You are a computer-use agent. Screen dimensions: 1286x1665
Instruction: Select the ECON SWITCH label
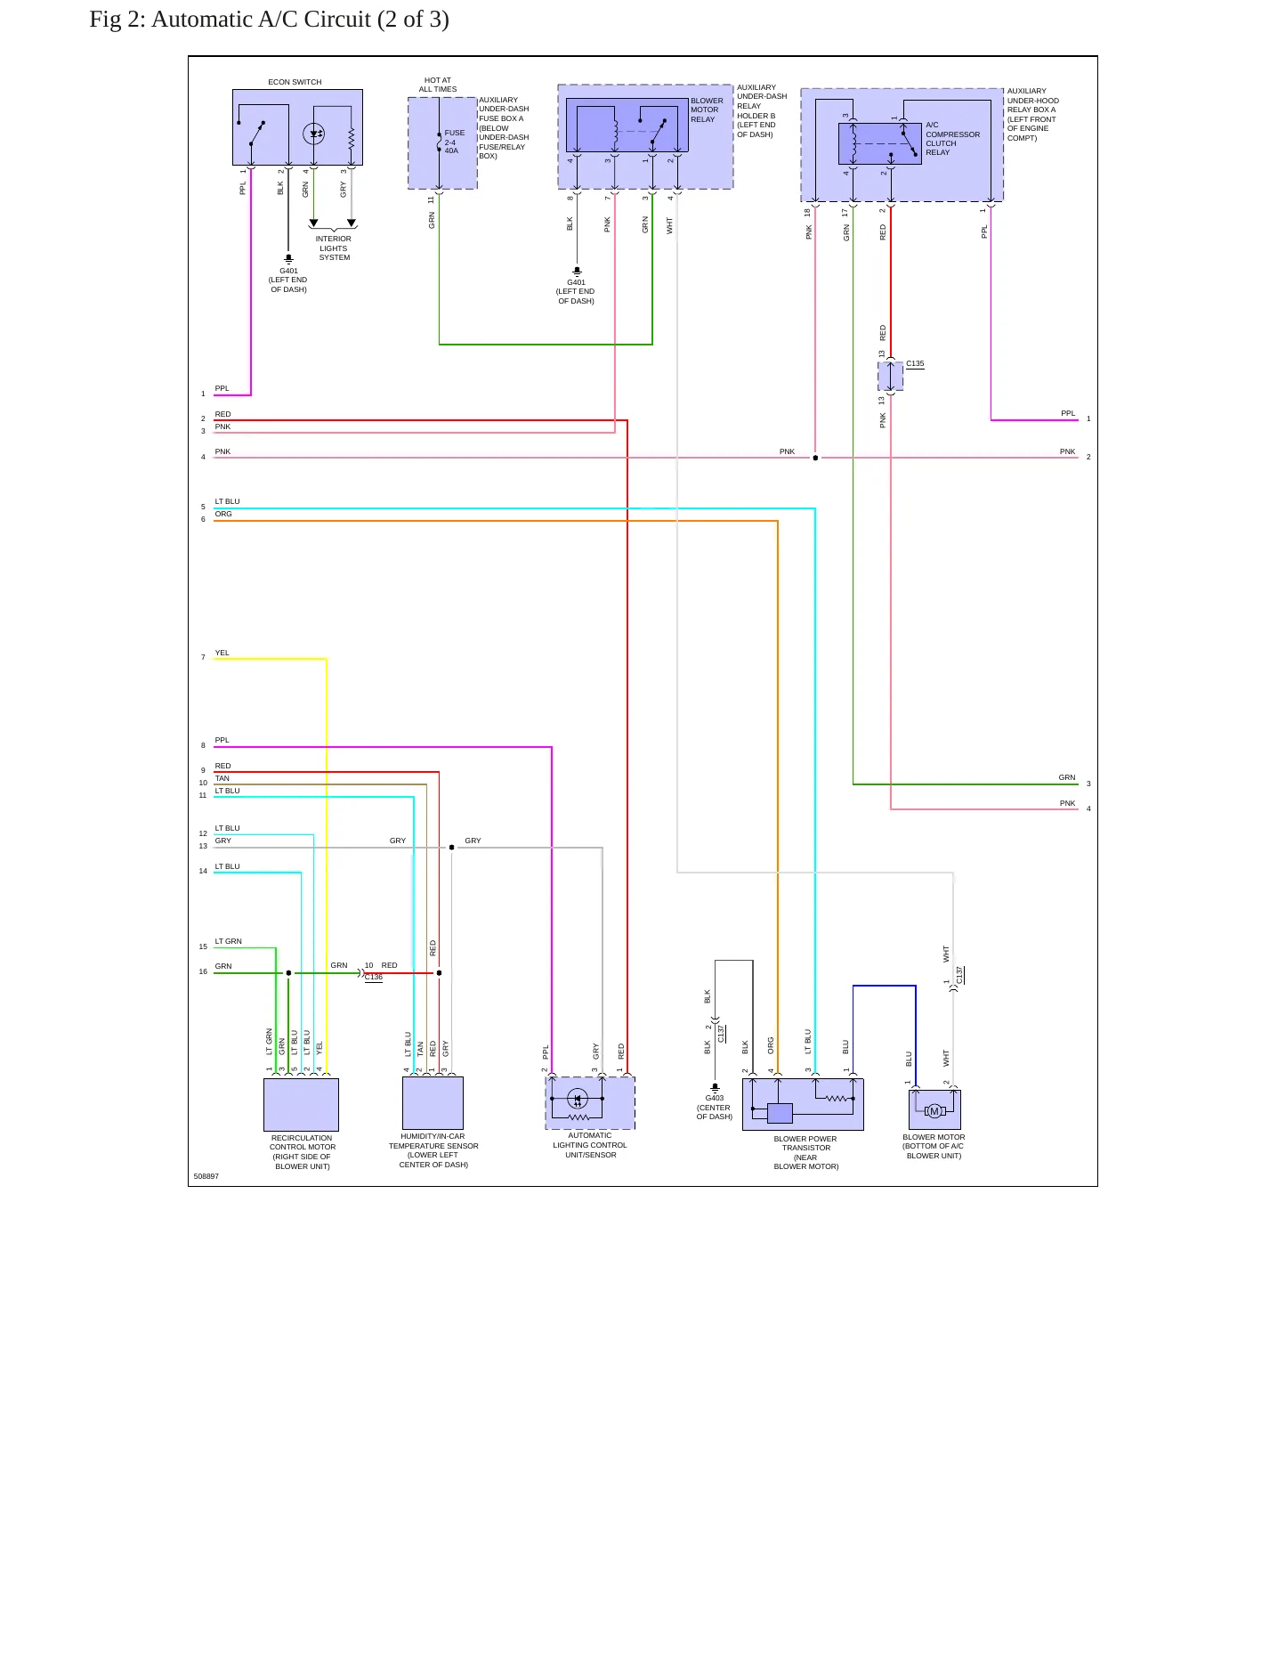click(295, 82)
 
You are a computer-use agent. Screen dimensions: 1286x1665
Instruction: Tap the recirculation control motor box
click(301, 1104)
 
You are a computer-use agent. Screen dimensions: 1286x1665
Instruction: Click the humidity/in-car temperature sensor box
click(433, 1102)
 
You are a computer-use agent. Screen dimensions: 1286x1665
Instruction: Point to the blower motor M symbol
click(934, 1111)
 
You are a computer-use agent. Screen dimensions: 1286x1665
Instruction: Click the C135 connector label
click(915, 363)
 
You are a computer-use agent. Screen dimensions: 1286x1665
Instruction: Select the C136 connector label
click(374, 977)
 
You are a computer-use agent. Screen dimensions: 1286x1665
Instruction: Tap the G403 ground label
click(715, 1098)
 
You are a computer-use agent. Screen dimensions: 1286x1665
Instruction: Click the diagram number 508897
click(206, 1176)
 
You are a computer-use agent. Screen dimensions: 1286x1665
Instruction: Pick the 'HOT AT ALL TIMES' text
click(438, 85)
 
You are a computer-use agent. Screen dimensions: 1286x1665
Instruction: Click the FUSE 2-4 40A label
click(454, 142)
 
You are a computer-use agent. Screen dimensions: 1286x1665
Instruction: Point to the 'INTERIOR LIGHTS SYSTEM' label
click(334, 248)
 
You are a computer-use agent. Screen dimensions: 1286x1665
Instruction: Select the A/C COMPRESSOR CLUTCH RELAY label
click(952, 139)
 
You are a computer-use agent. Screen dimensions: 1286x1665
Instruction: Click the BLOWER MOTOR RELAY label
click(707, 110)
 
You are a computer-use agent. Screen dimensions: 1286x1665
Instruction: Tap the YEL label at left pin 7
click(222, 653)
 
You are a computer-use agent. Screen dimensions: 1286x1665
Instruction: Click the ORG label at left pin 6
click(223, 514)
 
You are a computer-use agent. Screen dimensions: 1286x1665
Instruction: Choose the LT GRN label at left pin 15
click(228, 941)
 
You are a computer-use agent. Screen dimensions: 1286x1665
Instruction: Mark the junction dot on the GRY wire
click(451, 848)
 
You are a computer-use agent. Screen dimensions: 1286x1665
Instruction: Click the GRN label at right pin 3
click(1067, 777)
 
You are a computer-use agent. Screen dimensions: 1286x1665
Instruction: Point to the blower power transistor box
click(803, 1104)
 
